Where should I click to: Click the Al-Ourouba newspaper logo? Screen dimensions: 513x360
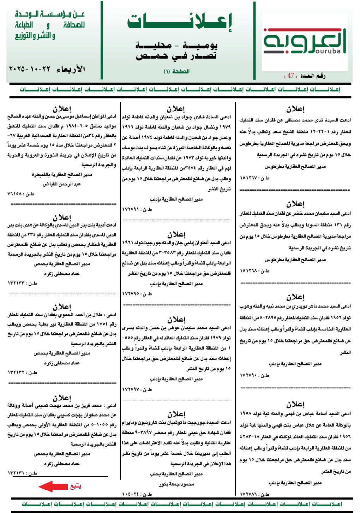pyautogui.click(x=304, y=42)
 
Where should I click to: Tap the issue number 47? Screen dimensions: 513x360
pyautogui.click(x=290, y=76)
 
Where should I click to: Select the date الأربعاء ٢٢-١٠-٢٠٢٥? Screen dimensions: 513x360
pyautogui.click(x=47, y=69)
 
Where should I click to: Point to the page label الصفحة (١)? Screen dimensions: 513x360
pyautogui.click(x=176, y=71)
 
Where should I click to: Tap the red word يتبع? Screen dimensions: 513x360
pyautogui.click(x=76, y=486)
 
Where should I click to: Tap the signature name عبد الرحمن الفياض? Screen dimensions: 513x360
pyautogui.click(x=62, y=184)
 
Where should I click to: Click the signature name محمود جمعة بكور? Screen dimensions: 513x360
pyautogui.click(x=176, y=484)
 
